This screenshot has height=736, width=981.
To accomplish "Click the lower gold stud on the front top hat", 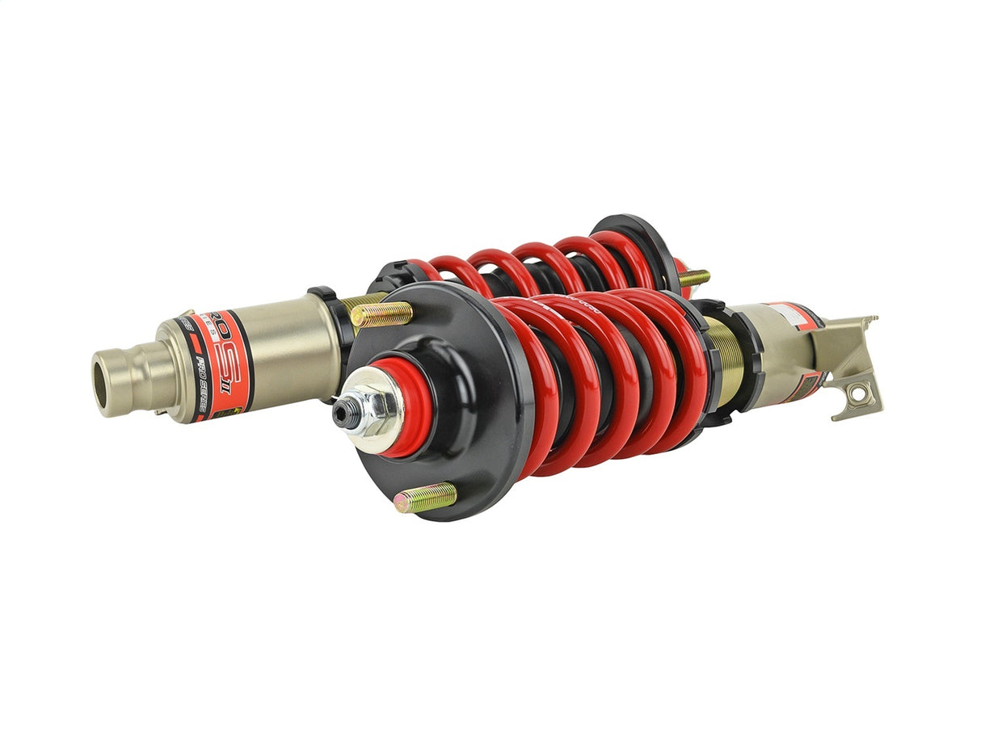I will tap(427, 498).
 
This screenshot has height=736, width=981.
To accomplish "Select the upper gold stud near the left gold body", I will tap(381, 313).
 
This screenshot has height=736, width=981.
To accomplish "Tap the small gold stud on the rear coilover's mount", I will tap(694, 278).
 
